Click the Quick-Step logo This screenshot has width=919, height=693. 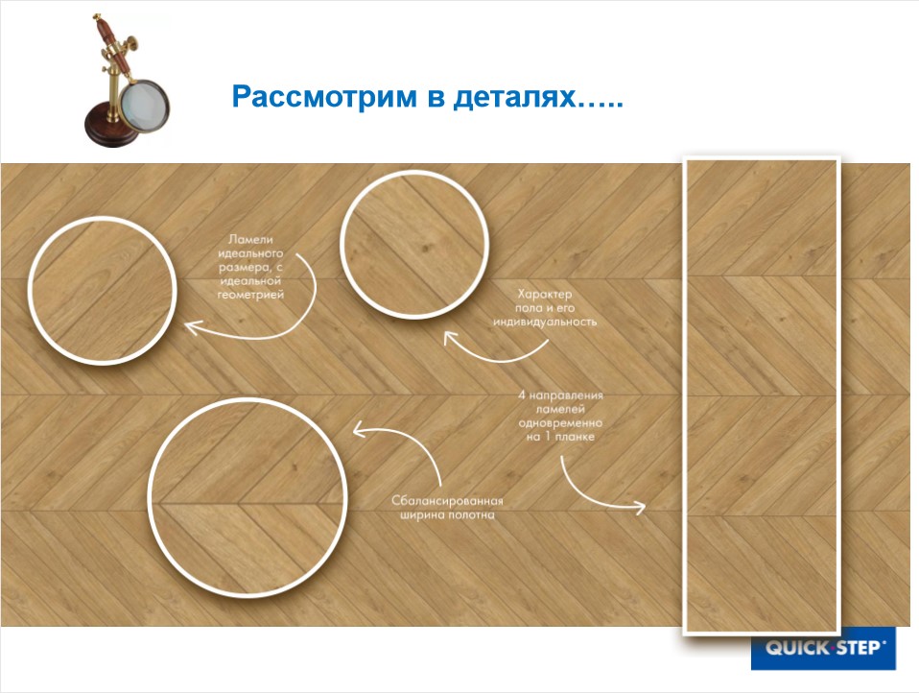coord(823,648)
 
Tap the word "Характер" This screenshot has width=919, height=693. coord(544,293)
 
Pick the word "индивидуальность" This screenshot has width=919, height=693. coord(545,323)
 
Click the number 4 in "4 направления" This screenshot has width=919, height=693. coord(522,395)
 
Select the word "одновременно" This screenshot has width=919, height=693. coord(560,422)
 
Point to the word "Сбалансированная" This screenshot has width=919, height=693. coord(447,500)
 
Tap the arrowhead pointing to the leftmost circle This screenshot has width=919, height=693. coord(190,329)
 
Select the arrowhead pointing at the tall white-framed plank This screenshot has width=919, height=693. coord(643,506)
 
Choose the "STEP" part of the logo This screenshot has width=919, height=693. coord(855,648)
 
